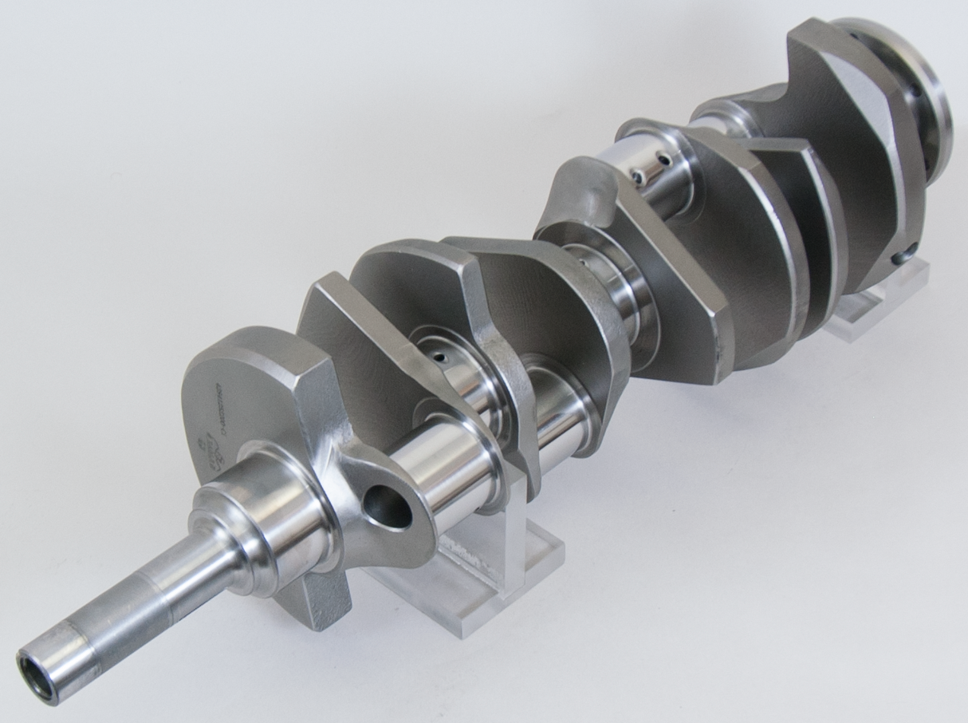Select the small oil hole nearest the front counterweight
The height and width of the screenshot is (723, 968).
point(438,360)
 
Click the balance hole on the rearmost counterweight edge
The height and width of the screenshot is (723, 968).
point(903,256)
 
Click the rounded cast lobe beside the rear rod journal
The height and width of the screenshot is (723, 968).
point(578,196)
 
